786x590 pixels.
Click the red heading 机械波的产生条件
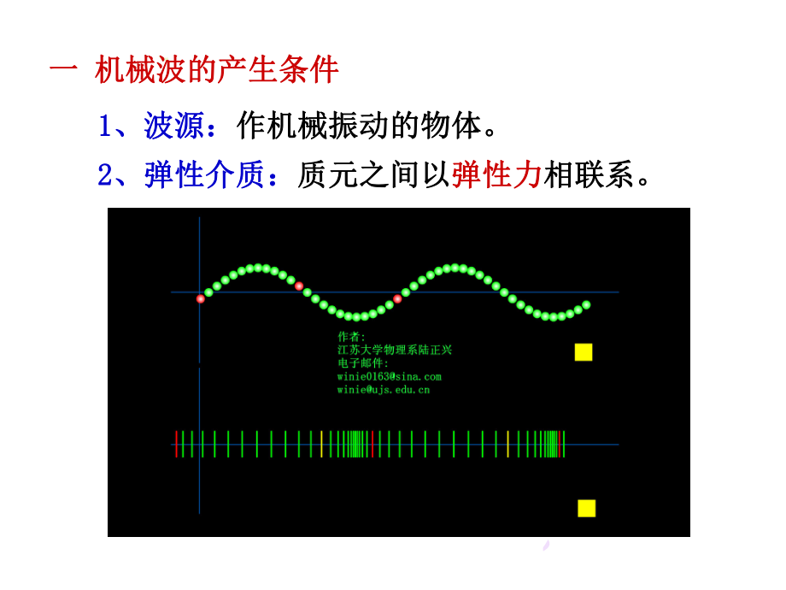coord(217,70)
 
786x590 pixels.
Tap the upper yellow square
coord(584,351)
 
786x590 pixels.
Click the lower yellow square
coord(586,508)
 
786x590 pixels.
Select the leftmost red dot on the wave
coord(201,298)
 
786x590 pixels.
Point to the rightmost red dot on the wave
coord(397,298)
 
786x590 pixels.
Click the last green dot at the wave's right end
coord(586,304)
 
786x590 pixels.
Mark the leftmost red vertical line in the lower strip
coord(177,444)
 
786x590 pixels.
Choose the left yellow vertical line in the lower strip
coord(321,444)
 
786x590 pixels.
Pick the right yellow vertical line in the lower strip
coord(507,444)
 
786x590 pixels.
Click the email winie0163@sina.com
coord(389,376)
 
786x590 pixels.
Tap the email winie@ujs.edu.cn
coord(383,390)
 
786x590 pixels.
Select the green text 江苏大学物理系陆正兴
coord(395,350)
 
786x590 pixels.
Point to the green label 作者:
coord(351,337)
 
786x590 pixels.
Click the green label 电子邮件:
coord(362,363)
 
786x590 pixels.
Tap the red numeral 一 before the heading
coord(64,70)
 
